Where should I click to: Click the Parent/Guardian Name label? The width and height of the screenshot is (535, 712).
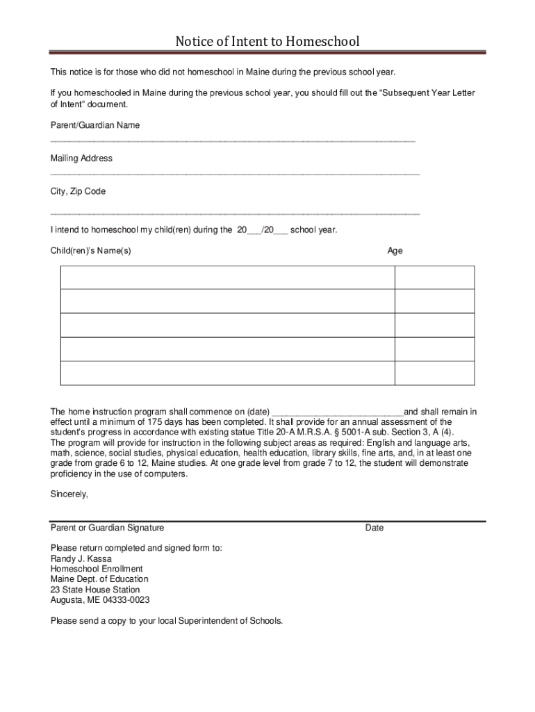point(94,125)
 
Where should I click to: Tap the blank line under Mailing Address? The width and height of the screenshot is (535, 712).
point(235,174)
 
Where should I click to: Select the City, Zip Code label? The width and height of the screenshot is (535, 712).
point(78,191)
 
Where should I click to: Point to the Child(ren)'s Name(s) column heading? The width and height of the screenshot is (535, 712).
point(90,250)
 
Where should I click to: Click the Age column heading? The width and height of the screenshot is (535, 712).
point(395,250)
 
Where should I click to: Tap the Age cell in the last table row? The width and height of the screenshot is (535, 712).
point(434,373)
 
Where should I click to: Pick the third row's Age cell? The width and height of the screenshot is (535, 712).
point(434,325)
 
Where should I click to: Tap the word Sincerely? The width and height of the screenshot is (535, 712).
point(69,494)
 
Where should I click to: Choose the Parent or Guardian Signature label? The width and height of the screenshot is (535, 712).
point(107,528)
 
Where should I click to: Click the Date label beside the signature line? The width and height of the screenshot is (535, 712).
point(374,528)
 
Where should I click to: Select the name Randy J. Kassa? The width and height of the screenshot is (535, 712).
point(81,558)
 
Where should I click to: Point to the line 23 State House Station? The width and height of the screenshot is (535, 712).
point(94,590)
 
